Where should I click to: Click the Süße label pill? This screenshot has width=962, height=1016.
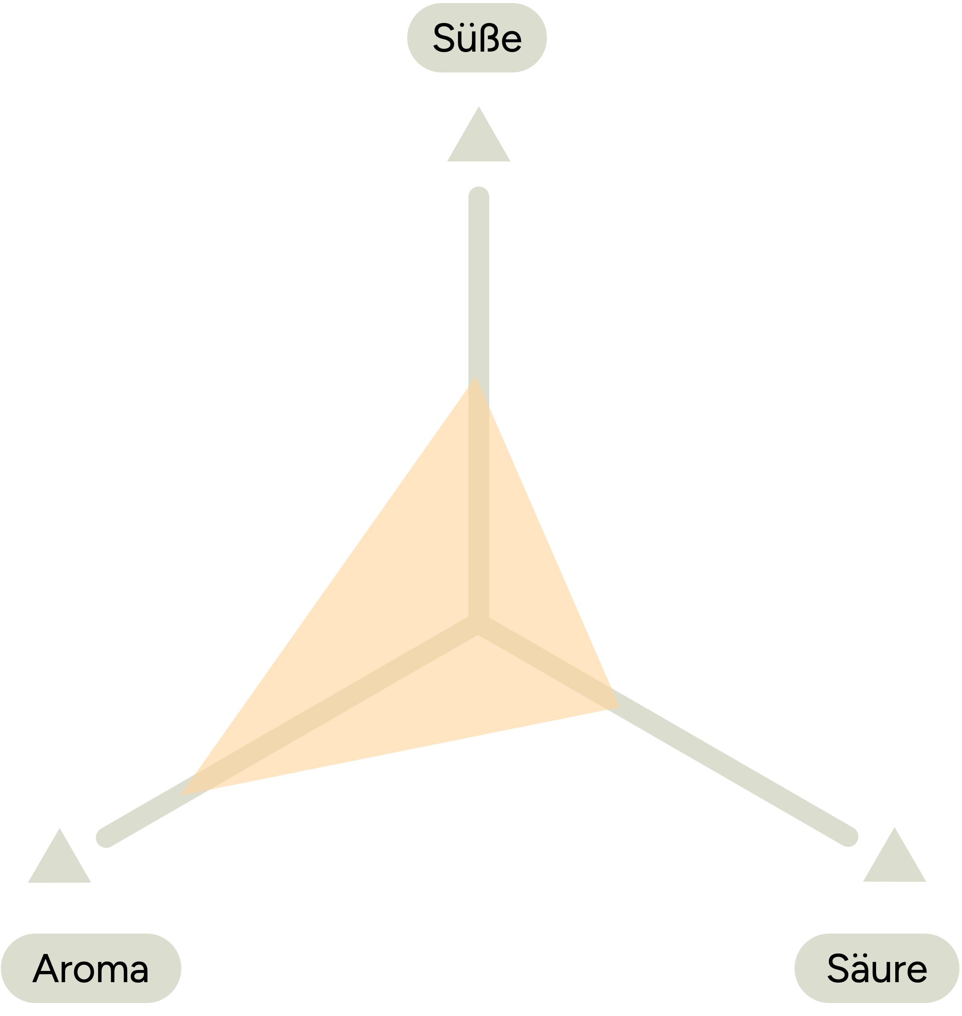(477, 38)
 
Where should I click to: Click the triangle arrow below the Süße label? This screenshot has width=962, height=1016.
(478, 134)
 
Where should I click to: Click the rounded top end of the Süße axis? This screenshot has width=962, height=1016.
(478, 197)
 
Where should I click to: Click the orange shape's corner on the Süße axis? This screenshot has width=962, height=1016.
(476, 378)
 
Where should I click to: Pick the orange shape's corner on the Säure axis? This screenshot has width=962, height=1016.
(619, 708)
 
